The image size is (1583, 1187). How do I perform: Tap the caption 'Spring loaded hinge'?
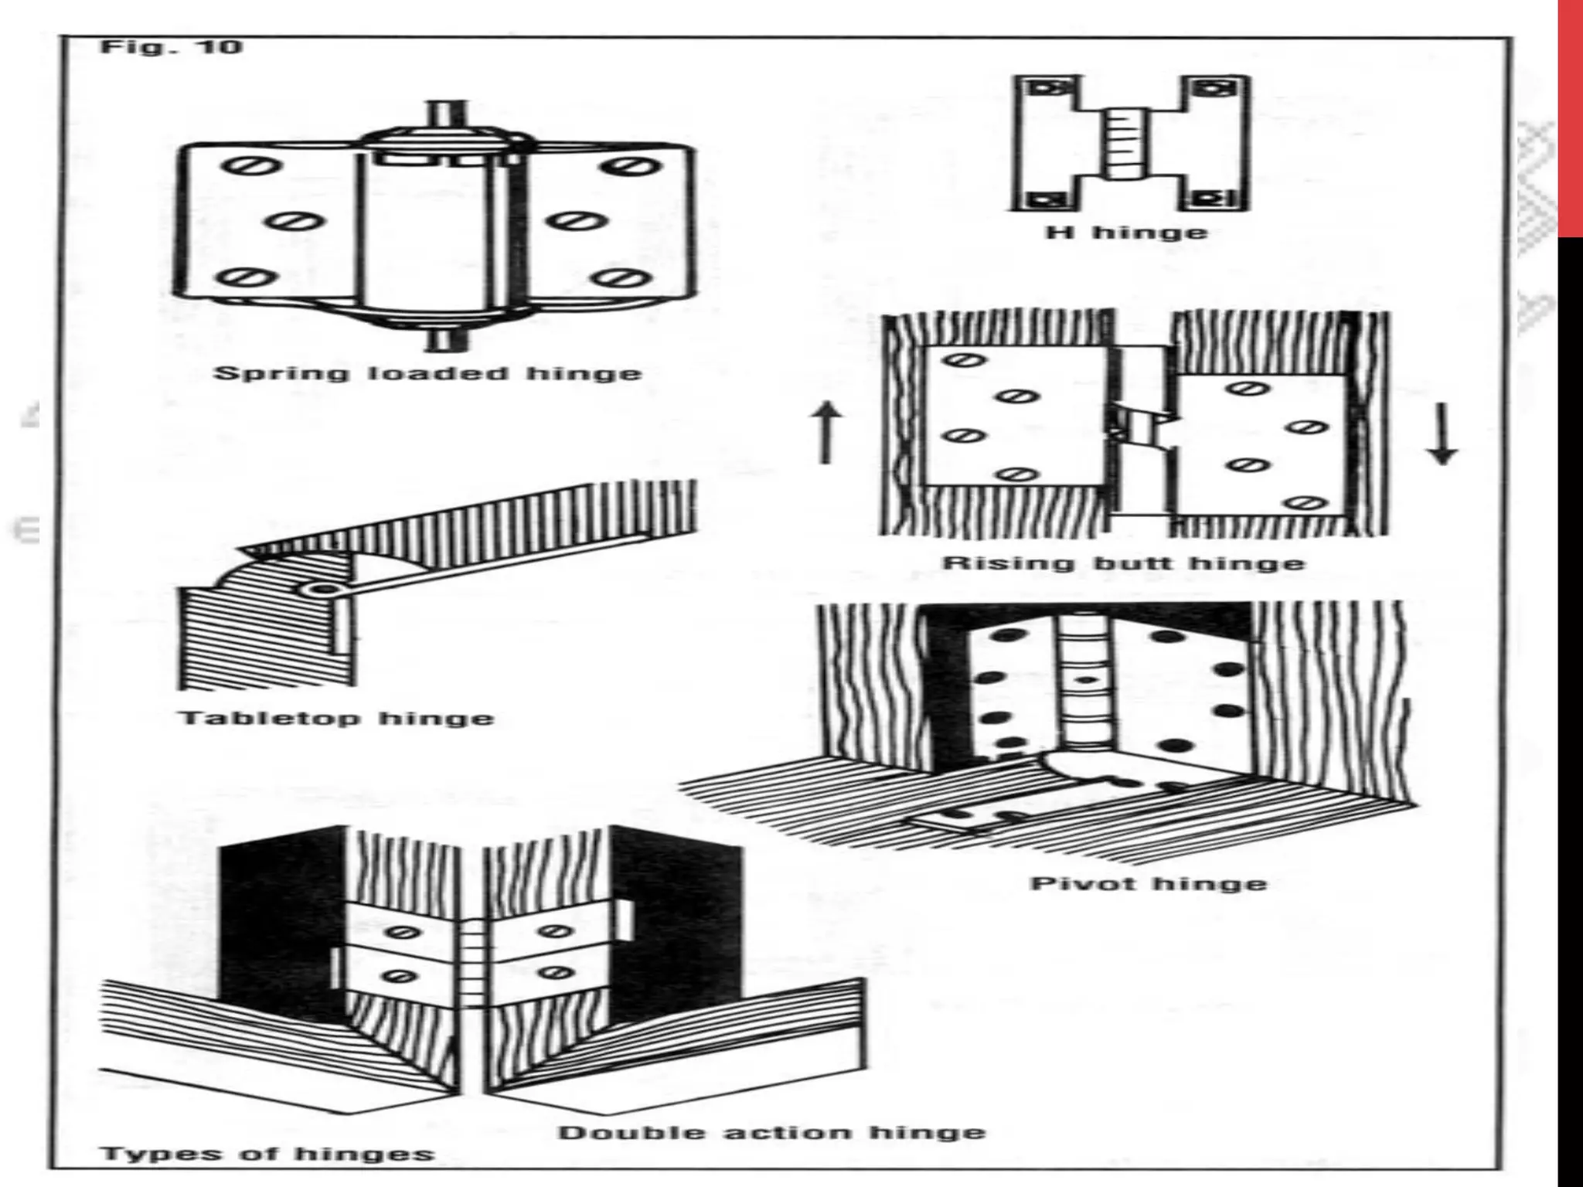(x=427, y=374)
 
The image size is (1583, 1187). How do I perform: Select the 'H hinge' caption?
(x=1125, y=232)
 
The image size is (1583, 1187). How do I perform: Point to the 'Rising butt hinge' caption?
(x=1123, y=563)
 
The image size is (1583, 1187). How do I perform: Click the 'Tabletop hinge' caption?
(x=336, y=719)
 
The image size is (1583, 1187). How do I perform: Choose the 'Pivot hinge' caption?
(x=1149, y=883)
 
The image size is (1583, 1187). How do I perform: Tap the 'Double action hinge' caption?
(x=771, y=1133)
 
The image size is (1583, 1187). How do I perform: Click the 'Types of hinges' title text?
(x=267, y=1155)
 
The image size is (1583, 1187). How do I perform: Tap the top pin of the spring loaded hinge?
(x=447, y=114)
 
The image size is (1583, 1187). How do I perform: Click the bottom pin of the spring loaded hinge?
(x=447, y=340)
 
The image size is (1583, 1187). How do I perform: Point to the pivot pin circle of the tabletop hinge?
(x=318, y=590)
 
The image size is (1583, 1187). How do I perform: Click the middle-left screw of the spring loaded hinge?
(x=295, y=222)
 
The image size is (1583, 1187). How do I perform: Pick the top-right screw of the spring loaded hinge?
(x=631, y=167)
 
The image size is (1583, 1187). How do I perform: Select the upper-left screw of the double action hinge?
(x=403, y=933)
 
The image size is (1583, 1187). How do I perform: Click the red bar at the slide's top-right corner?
(x=1570, y=116)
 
